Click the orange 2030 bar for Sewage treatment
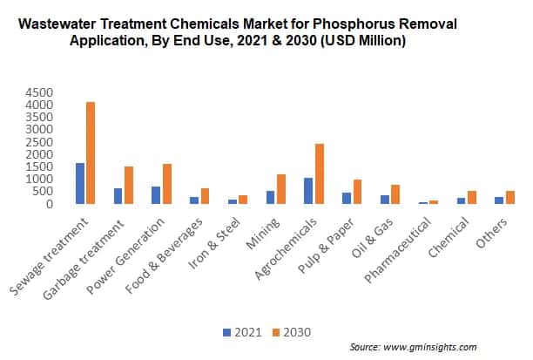(x=91, y=153)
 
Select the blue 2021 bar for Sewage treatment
(x=80, y=184)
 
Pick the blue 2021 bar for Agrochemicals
(x=308, y=191)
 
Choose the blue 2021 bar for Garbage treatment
(x=118, y=196)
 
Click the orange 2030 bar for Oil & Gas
(x=395, y=194)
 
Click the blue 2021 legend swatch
(x=227, y=331)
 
